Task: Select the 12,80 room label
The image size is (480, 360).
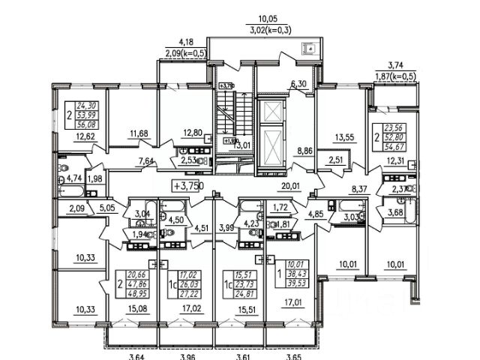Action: (x=193, y=134)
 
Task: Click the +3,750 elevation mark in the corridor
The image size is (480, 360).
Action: (x=187, y=186)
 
